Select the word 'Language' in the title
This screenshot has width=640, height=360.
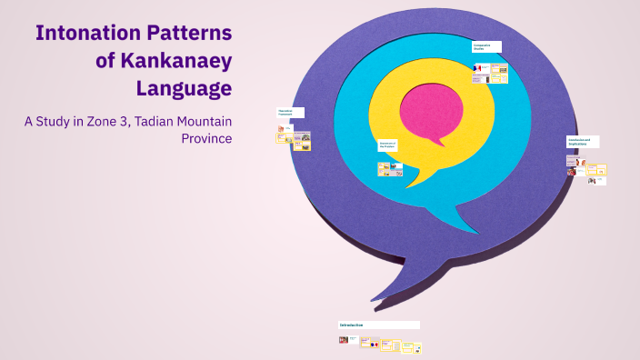pyautogui.click(x=184, y=88)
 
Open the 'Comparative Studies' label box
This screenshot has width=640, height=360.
pyautogui.click(x=486, y=47)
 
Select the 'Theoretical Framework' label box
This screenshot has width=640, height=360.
pyautogui.click(x=290, y=113)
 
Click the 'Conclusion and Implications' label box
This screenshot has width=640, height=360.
pyautogui.click(x=582, y=142)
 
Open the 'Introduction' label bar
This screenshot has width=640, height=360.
pyautogui.click(x=378, y=325)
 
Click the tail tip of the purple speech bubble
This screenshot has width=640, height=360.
pyautogui.click(x=372, y=299)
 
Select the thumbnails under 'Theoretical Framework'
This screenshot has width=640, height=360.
pyautogui.click(x=294, y=137)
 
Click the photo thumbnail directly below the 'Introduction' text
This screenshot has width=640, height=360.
pyautogui.click(x=344, y=340)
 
